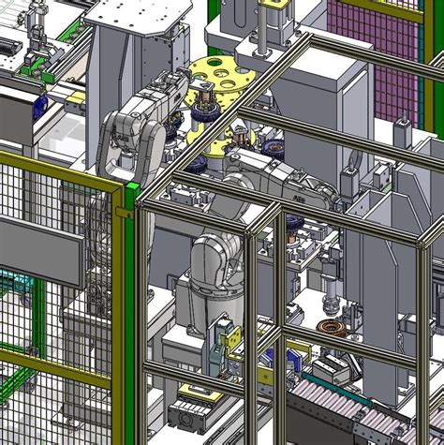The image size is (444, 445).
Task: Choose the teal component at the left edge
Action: (7, 282)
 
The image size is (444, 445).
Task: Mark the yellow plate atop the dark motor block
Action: (196, 389)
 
